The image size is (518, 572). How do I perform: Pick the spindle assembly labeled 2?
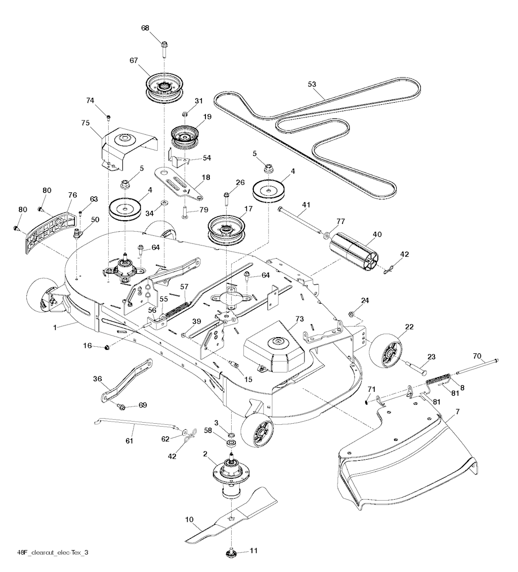click(x=232, y=473)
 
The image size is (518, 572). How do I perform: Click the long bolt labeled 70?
click(x=476, y=365)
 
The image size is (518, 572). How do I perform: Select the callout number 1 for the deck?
click(x=54, y=328)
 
